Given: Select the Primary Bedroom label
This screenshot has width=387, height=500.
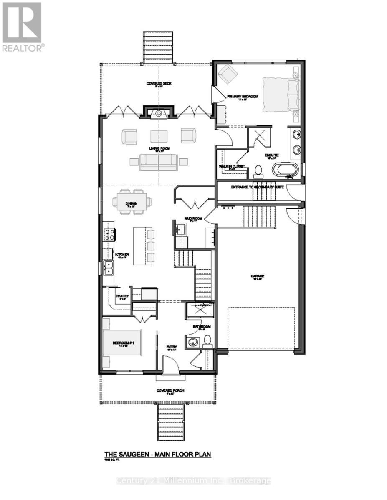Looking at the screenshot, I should (243, 97).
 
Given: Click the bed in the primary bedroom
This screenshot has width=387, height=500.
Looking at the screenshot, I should (281, 95).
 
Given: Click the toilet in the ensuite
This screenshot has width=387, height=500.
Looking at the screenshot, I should (258, 170).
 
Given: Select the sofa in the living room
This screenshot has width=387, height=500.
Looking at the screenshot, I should (159, 162).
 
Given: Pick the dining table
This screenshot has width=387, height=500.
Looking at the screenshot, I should (132, 202).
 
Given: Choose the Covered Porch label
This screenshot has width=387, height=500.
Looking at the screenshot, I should (170, 390).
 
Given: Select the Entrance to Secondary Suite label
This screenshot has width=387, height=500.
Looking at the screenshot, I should (258, 187).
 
